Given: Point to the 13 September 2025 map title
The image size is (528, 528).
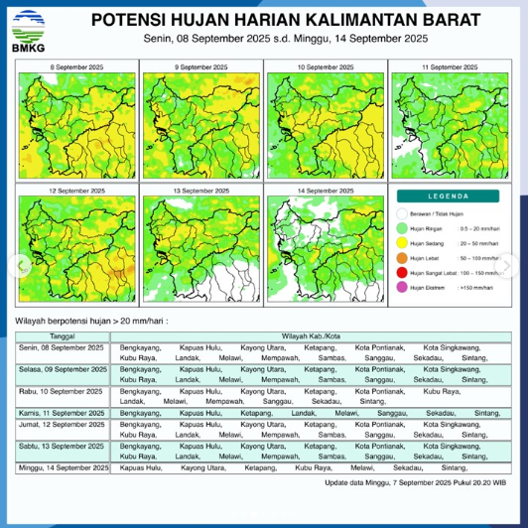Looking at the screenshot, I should pos(200,190).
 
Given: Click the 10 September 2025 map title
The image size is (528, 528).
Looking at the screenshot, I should pos(324,66).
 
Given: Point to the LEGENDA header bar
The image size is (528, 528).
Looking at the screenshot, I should pos(448,197).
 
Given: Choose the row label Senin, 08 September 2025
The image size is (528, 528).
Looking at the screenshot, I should pos(63,347).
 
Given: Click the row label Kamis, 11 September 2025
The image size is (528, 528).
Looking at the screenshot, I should pos(63,412).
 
